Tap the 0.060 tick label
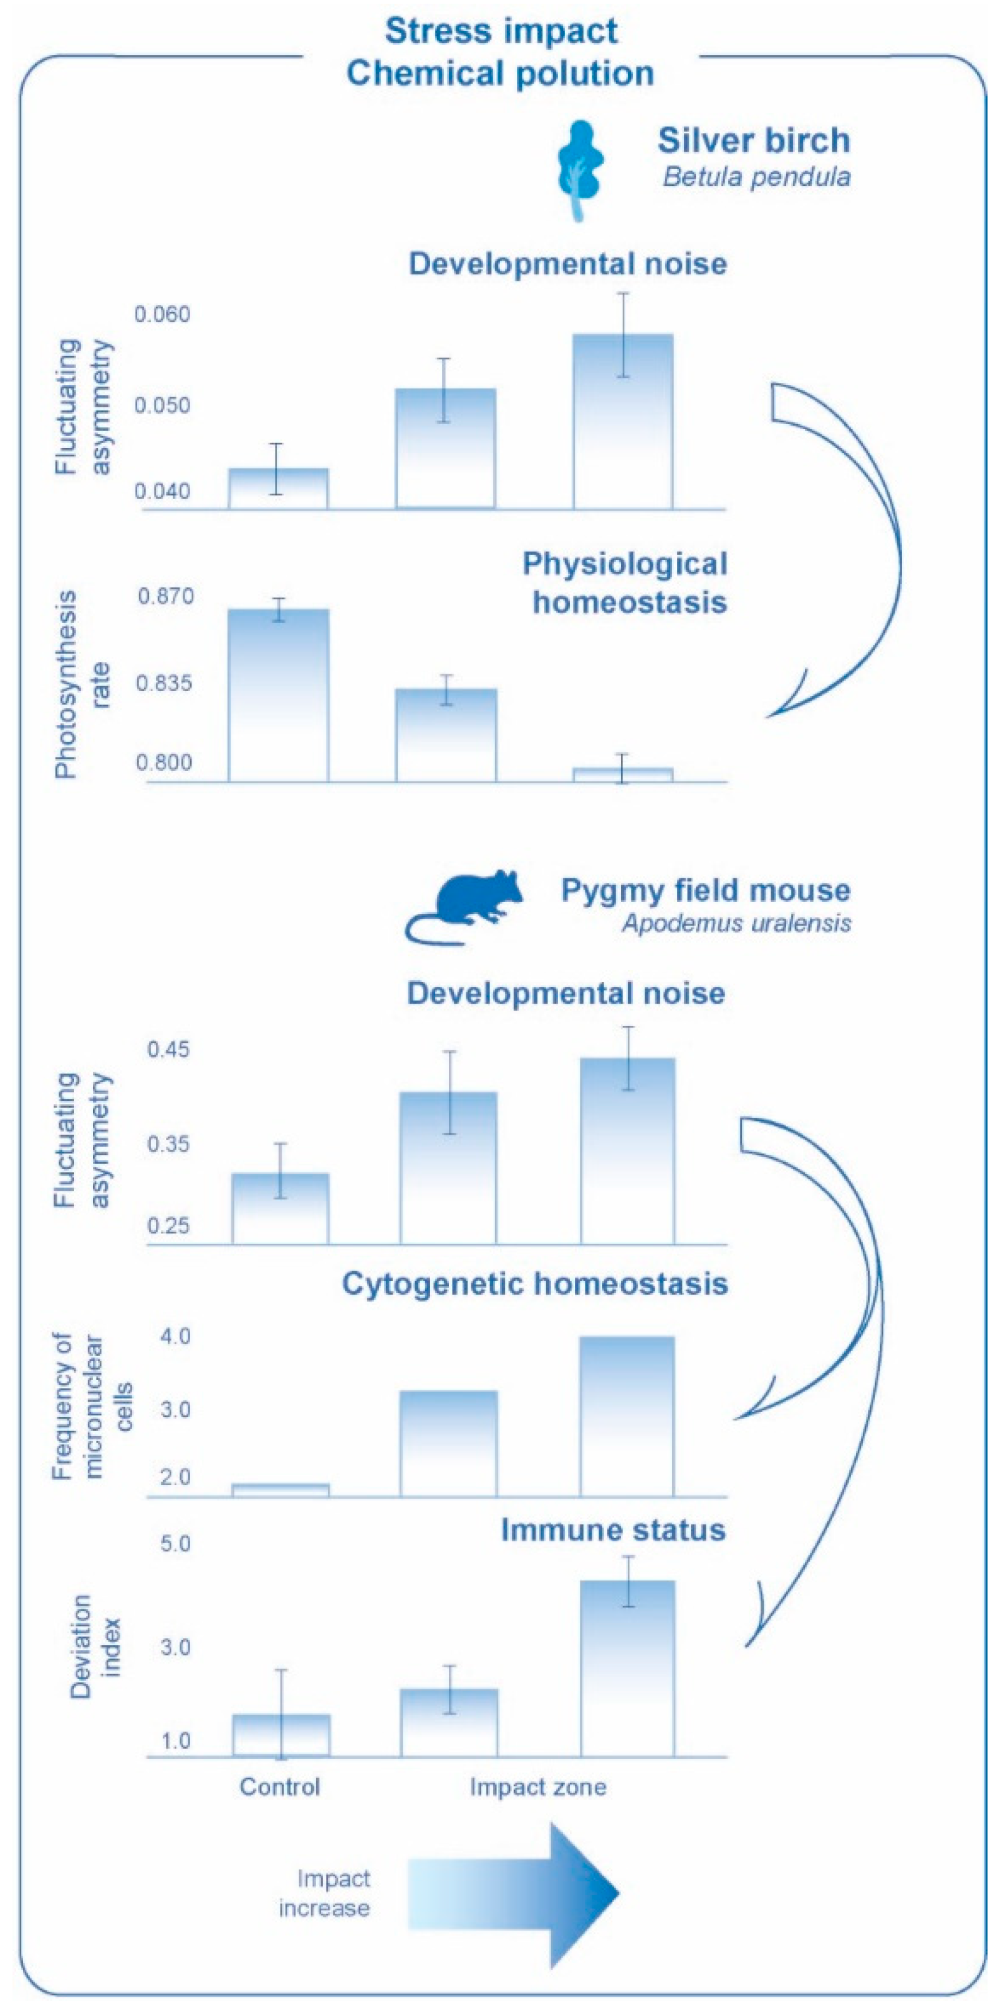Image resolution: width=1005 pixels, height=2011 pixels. (162, 314)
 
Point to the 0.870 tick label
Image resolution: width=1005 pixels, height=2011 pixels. (165, 596)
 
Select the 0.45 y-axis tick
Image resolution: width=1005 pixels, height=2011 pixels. (168, 1049)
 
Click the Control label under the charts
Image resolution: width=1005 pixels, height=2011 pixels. (279, 1786)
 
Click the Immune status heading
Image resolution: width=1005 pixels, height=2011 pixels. (613, 1529)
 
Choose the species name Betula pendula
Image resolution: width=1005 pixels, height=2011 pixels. (756, 177)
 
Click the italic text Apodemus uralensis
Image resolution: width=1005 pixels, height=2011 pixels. (736, 924)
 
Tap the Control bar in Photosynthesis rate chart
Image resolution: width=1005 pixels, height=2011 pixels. (279, 695)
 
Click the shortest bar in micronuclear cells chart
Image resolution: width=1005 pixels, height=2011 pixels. (281, 1490)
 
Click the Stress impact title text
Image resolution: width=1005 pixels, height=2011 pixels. (501, 32)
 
